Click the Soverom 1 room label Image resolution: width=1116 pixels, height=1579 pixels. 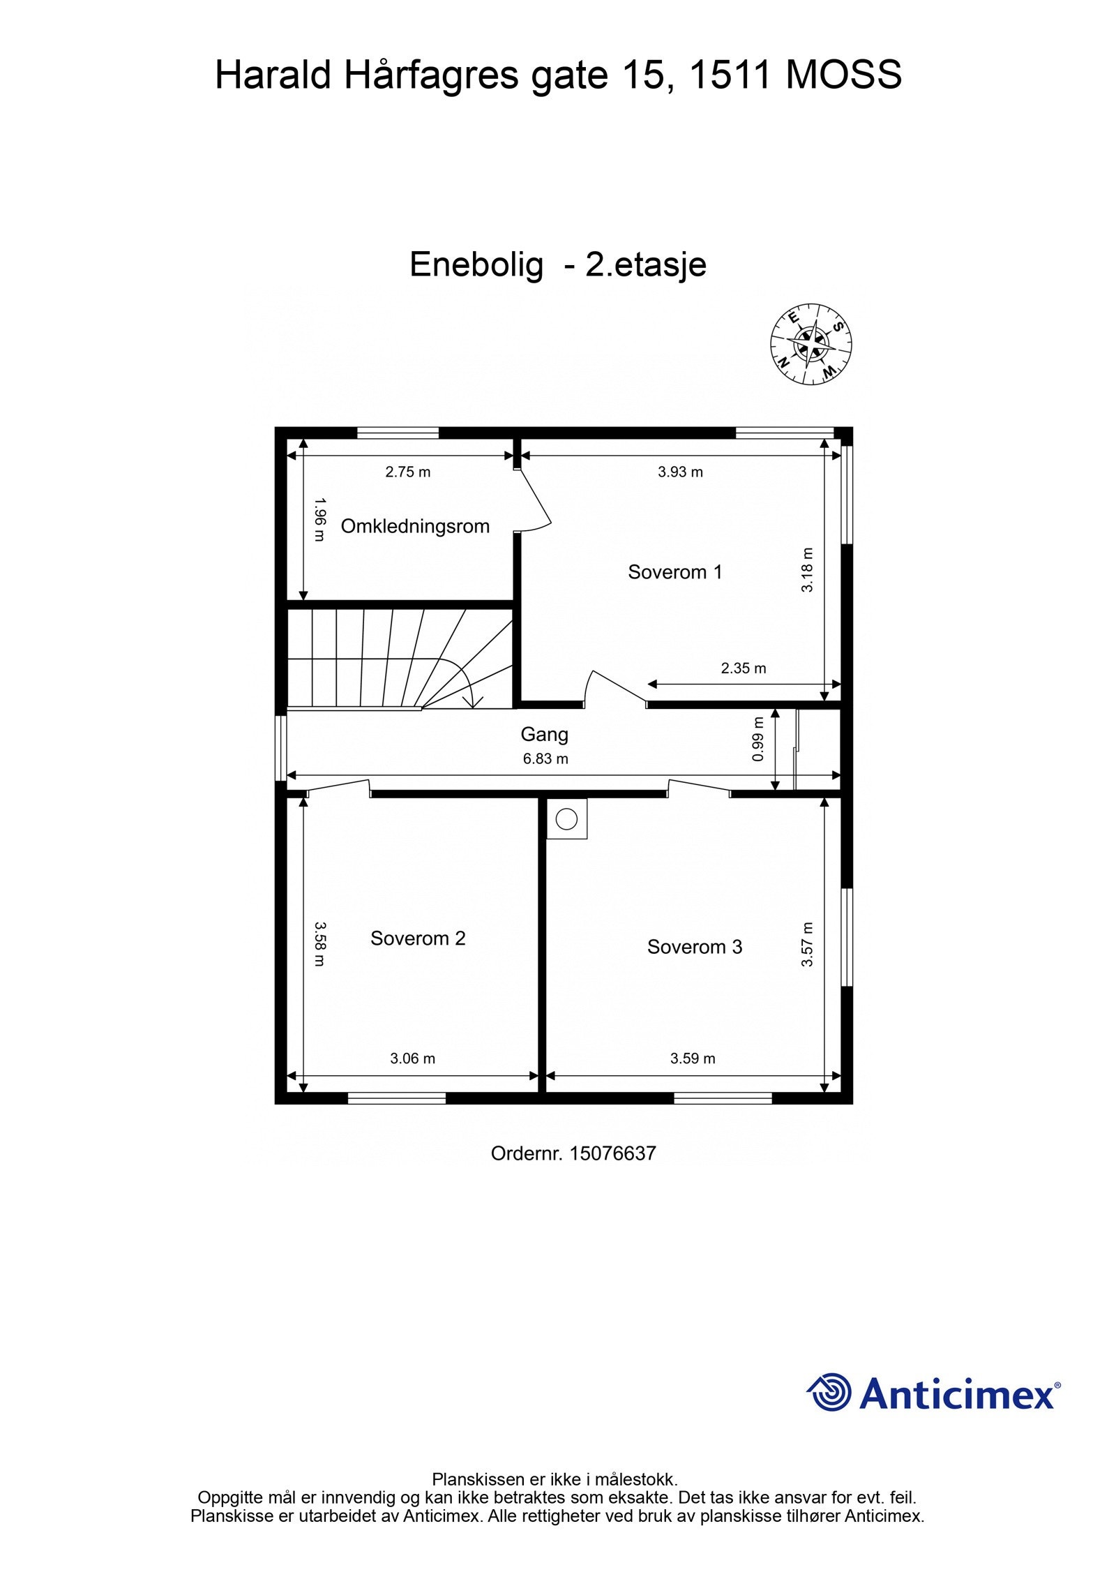point(674,572)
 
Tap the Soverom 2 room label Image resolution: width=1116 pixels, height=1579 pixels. point(417,938)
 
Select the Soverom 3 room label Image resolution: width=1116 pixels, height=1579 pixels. point(694,947)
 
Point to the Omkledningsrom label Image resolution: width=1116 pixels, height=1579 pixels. point(414,526)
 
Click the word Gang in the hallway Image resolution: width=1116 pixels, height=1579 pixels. point(544,734)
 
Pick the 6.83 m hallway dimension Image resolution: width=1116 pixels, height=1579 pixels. point(545,758)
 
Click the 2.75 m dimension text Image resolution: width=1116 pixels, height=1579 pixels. point(407,472)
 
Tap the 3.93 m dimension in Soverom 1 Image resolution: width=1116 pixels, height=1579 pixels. point(680,472)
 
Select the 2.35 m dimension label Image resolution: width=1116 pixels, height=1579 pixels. point(743,668)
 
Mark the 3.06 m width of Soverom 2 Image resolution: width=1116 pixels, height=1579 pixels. point(412,1058)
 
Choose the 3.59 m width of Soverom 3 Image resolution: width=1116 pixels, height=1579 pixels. point(693,1058)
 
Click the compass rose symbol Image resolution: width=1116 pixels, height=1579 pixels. point(811,344)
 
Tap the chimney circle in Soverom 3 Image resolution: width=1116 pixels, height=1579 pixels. point(566,818)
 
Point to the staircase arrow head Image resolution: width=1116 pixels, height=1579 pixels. point(473,703)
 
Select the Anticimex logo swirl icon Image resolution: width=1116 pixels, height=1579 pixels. point(830,1393)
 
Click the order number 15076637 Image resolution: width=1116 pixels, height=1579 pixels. point(612,1153)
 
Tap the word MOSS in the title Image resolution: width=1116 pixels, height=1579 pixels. point(843,75)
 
